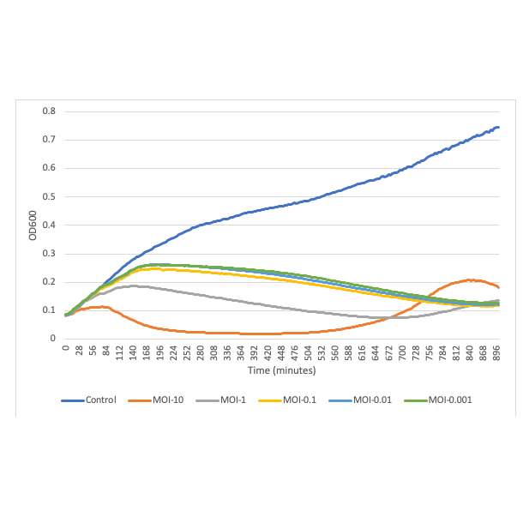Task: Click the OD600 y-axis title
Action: tap(33, 225)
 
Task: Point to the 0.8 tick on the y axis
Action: tap(50, 111)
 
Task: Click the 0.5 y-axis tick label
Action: tap(50, 196)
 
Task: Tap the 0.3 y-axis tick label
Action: tap(50, 253)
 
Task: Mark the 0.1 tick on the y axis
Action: tap(50, 310)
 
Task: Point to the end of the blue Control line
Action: tap(498, 127)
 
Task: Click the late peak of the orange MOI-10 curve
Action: tap(469, 280)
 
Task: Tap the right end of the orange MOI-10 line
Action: tap(498, 287)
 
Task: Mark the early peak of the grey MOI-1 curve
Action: tap(133, 286)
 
